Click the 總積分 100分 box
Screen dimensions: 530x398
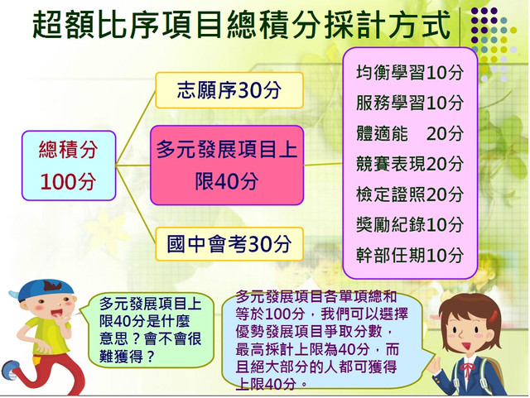pyautogui.click(x=69, y=165)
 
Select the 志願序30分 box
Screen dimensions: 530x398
pyautogui.click(x=229, y=90)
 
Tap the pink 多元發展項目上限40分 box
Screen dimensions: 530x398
pyautogui.click(x=227, y=165)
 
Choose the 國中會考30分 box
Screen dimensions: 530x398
pyautogui.click(x=229, y=244)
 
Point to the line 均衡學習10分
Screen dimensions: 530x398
pyautogui.click(x=409, y=73)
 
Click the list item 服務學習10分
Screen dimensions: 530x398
pyautogui.click(x=409, y=103)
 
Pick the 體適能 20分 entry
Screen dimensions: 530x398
pyautogui.click(x=409, y=133)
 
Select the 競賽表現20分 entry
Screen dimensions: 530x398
pyautogui.click(x=409, y=164)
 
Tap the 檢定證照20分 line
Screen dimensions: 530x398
pyautogui.click(x=409, y=194)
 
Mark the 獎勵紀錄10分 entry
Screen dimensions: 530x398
pyautogui.click(x=409, y=225)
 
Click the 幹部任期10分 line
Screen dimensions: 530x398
pyautogui.click(x=409, y=255)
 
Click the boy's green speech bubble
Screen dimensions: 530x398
pyautogui.click(x=151, y=330)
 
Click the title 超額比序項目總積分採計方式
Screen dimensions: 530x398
pyautogui.click(x=241, y=24)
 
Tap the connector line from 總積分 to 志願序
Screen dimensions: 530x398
pyautogui.click(x=136, y=128)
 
